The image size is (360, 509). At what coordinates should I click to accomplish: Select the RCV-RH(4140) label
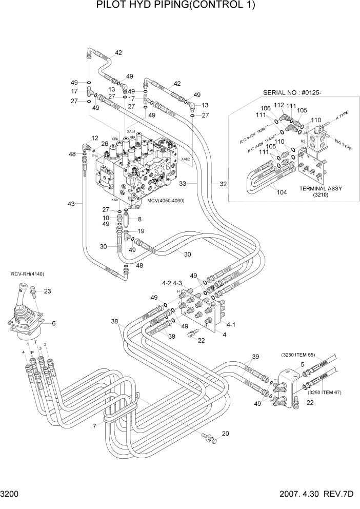28,274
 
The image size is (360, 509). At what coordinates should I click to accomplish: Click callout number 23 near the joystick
47,291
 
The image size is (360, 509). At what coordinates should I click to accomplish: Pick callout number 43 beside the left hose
71,204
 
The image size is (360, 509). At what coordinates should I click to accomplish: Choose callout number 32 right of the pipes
223,183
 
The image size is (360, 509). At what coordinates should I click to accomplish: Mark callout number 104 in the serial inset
266,193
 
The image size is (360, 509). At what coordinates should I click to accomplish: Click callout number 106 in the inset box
265,108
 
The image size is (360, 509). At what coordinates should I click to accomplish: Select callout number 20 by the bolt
226,434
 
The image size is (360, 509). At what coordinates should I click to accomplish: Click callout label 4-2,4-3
173,283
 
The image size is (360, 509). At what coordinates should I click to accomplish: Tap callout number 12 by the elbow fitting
95,138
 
